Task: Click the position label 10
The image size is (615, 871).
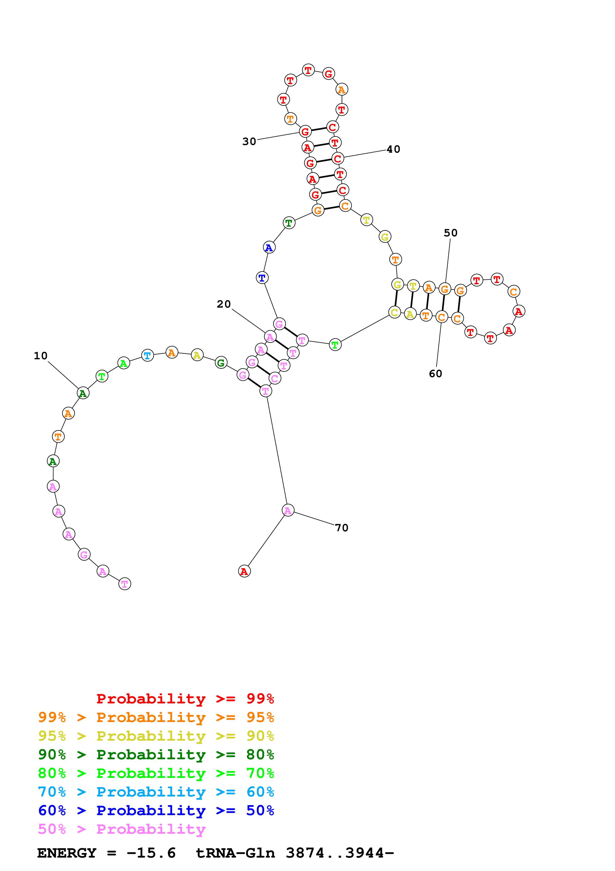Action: click(x=40, y=356)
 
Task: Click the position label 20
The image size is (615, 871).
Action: click(x=224, y=304)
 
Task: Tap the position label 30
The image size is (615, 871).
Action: click(x=249, y=142)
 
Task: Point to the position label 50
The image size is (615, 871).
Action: click(x=451, y=233)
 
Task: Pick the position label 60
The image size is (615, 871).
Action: click(x=435, y=374)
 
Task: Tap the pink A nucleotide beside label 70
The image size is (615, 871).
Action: click(x=288, y=511)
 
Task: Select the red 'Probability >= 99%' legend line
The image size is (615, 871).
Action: click(x=185, y=698)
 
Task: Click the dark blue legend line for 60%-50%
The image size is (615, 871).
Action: click(x=156, y=810)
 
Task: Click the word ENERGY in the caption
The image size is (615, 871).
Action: click(x=67, y=853)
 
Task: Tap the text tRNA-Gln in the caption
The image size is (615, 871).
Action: click(x=235, y=853)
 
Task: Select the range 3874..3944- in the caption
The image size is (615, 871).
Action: click(x=340, y=853)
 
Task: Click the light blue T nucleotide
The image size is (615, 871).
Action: click(x=147, y=356)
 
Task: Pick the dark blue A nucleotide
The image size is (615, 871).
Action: click(x=269, y=247)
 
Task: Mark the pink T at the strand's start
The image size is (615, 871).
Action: click(x=125, y=583)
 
